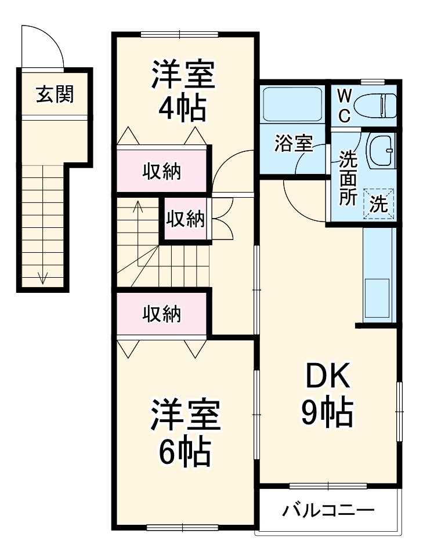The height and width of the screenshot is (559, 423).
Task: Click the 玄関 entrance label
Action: coord(55,94)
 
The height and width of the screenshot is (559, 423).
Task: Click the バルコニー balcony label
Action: coord(328,511)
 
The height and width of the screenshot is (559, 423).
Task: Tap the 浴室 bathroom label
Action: coord(294,144)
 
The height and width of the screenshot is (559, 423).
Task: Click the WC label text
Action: coord(344,105)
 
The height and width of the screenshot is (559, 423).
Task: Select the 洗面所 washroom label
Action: coord(348,177)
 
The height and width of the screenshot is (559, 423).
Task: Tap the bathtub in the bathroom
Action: coord(292,105)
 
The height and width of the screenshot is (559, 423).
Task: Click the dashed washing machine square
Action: coord(379,204)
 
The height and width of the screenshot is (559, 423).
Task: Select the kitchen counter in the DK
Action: coord(378,275)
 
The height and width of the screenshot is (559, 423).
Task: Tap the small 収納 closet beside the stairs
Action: coord(185,219)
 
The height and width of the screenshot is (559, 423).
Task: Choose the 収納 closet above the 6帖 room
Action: coord(162,314)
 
